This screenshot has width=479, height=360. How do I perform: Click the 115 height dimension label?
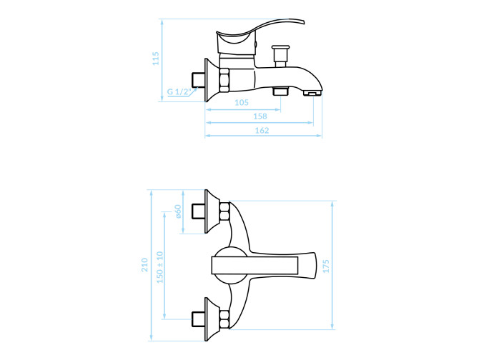[x=156, y=59]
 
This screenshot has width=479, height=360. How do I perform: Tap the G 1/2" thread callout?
[x=179, y=91]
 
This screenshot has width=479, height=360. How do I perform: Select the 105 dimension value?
[x=242, y=103]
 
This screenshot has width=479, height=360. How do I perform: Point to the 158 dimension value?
[x=260, y=116]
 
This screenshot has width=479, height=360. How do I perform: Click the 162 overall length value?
[x=262, y=131]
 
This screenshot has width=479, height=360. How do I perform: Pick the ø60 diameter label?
[x=178, y=211]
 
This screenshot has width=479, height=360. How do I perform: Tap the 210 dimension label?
[x=144, y=265]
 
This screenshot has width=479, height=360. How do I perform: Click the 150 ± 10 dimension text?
[x=159, y=267]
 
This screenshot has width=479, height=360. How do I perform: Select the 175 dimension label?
[x=326, y=266]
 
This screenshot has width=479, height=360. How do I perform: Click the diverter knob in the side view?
[x=280, y=56]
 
